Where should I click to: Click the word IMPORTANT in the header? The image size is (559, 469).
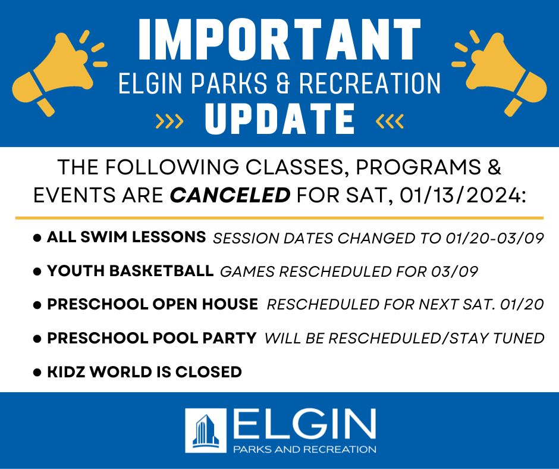click(279, 40)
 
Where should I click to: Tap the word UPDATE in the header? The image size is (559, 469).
click(280, 119)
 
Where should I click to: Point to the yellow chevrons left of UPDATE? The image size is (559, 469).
click(169, 121)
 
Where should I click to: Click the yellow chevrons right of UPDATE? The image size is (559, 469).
click(390, 121)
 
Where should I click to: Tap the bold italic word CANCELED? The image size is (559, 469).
click(230, 195)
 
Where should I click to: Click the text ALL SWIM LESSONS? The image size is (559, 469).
click(126, 237)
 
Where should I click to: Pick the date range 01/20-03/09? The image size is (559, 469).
click(495, 238)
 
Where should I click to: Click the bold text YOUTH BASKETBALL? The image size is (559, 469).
click(130, 271)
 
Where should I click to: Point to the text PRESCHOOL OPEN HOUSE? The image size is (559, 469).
click(153, 304)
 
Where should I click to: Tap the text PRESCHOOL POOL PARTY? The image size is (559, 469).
click(152, 338)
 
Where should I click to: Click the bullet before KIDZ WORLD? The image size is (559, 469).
click(37, 373)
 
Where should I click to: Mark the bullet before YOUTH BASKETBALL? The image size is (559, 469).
click(37, 271)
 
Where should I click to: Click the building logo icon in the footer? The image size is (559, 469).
click(206, 430)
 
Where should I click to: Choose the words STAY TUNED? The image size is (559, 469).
click(497, 339)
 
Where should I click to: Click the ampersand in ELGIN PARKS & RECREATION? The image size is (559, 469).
click(282, 83)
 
